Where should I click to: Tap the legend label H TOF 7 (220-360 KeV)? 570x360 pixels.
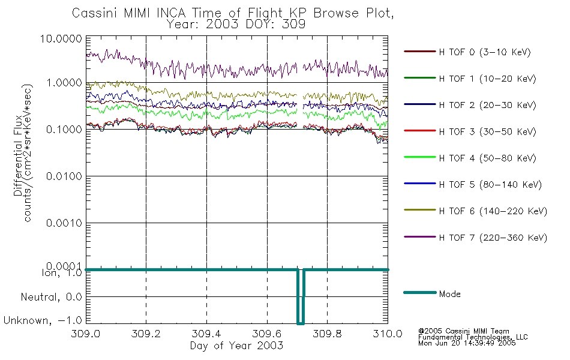493,238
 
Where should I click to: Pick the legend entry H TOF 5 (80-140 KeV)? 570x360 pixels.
490,185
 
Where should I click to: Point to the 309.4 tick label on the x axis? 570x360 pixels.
206,335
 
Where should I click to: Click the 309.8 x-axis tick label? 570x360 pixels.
327,335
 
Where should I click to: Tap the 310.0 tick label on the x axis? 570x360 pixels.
387,335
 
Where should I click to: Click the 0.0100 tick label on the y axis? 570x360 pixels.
65,177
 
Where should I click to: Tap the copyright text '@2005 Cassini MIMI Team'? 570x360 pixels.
464,331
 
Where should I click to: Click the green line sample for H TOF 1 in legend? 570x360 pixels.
418,79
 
